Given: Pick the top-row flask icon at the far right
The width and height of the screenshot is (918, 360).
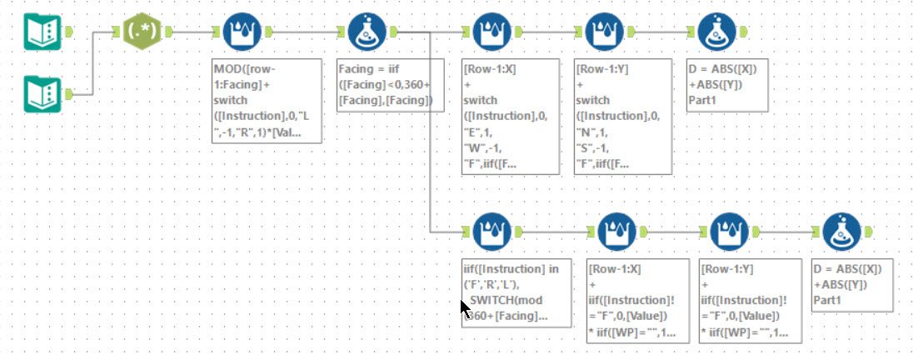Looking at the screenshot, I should [x=716, y=32].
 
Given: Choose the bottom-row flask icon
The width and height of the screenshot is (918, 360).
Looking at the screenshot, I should [x=841, y=232].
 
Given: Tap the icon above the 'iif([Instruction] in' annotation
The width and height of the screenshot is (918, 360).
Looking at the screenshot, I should [x=491, y=232].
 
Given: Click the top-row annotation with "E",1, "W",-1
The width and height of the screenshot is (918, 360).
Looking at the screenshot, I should [x=511, y=116].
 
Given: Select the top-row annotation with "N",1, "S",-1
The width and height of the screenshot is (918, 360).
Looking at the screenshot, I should [x=623, y=116].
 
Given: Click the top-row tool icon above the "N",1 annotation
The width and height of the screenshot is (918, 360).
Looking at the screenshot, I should [x=604, y=32].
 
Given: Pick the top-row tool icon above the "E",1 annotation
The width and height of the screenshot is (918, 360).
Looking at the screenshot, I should [x=491, y=32].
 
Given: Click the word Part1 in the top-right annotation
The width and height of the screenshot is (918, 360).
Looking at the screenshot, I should [x=704, y=101].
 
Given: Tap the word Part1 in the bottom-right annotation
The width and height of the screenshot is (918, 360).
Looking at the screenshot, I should [x=829, y=301].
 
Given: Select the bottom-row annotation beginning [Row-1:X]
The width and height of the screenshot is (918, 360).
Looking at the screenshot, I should [x=638, y=301].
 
